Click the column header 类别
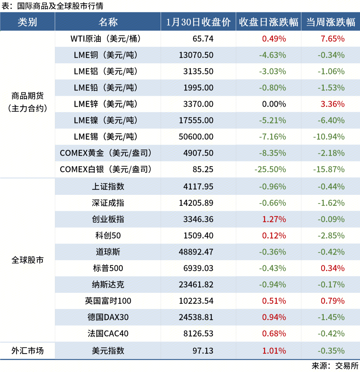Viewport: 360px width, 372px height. (x=27, y=22)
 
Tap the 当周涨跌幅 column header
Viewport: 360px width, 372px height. (x=330, y=22)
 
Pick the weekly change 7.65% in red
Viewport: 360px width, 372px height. (x=332, y=39)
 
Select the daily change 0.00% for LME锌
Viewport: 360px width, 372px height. (x=274, y=104)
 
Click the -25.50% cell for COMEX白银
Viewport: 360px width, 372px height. (x=270, y=169)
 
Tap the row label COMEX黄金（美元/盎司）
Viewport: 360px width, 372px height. (x=106, y=153)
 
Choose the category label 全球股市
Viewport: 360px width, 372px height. (x=27, y=260)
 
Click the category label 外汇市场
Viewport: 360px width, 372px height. (x=27, y=351)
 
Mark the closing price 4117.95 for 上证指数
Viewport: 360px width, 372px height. (x=198, y=187)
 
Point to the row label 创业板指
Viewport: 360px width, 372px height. (x=108, y=219)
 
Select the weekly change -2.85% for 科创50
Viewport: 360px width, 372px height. (x=331, y=236)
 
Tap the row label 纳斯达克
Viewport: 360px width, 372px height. (x=108, y=285)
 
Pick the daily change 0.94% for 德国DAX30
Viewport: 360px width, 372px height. (x=274, y=317)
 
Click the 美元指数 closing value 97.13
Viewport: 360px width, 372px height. (x=203, y=351)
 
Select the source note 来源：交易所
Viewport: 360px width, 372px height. (x=335, y=366)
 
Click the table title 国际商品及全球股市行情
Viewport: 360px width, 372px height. (x=60, y=6)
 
